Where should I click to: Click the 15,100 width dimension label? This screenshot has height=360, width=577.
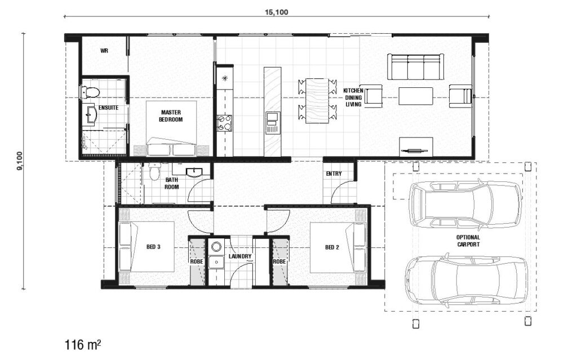(276, 12)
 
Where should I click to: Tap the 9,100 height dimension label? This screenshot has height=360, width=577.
(20, 160)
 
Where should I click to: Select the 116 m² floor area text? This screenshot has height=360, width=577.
(83, 343)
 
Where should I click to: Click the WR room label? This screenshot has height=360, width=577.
(104, 51)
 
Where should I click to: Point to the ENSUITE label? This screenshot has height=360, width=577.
(108, 107)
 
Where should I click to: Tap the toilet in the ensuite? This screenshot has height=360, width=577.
(91, 92)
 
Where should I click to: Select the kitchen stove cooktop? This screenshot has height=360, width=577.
(224, 122)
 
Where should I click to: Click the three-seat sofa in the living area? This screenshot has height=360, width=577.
(415, 67)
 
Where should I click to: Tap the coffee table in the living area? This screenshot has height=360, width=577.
(416, 96)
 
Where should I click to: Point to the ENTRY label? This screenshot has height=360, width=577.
(334, 174)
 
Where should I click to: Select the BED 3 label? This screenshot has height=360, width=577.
(153, 247)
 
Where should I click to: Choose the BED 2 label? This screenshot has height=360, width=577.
(333, 247)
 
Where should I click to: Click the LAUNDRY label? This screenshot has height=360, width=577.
(240, 256)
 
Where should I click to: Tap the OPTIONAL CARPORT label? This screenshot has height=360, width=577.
(468, 241)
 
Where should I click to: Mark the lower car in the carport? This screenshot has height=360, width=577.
(465, 280)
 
